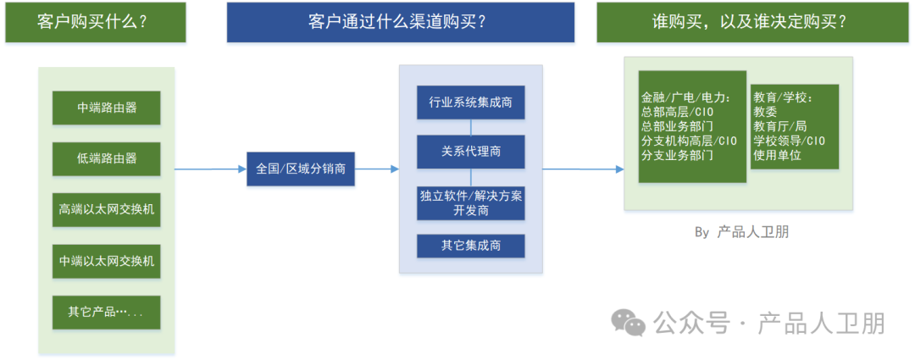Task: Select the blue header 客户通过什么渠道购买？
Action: (x=400, y=22)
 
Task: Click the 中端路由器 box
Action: (x=106, y=108)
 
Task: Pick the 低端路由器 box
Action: (x=106, y=158)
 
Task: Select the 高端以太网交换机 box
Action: (x=106, y=210)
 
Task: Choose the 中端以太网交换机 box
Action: (x=106, y=261)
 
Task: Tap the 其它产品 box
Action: (x=106, y=312)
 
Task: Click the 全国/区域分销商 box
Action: (x=301, y=169)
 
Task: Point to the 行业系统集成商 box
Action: (x=470, y=102)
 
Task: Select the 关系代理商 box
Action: (x=470, y=152)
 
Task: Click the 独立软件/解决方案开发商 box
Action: (x=470, y=202)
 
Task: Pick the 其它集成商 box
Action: (x=470, y=246)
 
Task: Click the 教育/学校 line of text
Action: (x=784, y=97)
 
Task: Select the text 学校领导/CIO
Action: (x=789, y=141)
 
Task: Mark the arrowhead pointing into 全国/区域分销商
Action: (x=241, y=169)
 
